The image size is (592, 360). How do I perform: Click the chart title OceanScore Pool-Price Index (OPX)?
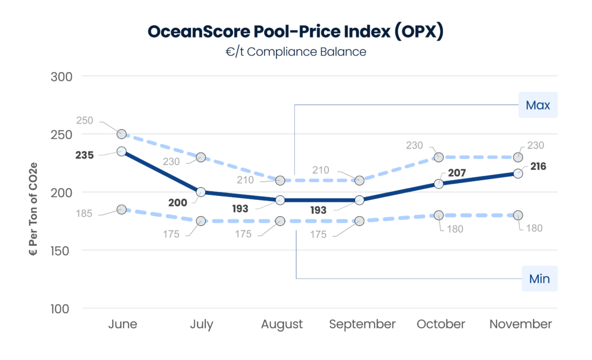pos(295,31)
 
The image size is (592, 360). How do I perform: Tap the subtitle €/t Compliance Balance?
pos(295,51)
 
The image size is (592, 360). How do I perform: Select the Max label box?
pos(538,105)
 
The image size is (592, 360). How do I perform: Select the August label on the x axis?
pos(282,324)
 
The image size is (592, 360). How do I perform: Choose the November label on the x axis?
pos(520,324)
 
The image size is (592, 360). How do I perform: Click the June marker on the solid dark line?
pos(121,151)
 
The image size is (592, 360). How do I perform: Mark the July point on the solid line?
pos(201,192)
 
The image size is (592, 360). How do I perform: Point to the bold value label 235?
pos(84,155)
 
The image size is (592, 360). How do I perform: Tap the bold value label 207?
pos(456,172)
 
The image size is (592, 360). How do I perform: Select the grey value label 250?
pos(85,121)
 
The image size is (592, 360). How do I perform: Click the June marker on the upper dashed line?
pos(121,134)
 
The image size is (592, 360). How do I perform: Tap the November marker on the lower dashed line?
pos(518,215)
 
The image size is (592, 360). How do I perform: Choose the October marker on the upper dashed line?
pos(439,157)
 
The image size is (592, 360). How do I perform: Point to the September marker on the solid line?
pos(360,200)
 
